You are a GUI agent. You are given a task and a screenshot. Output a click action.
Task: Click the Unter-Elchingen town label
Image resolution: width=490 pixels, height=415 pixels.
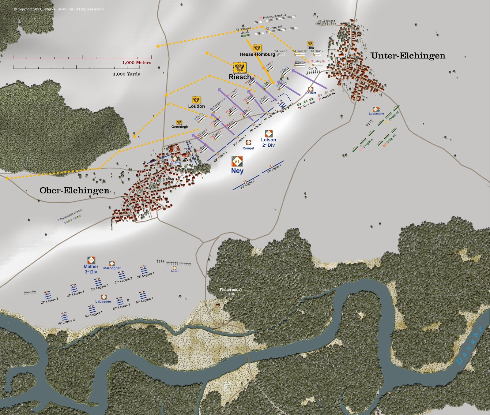click(x=408, y=56)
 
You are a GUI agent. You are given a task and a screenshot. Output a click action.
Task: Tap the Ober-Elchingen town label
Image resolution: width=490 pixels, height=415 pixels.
click(x=74, y=190)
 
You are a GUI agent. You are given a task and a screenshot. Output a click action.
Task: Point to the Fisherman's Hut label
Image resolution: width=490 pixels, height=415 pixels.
click(x=231, y=292)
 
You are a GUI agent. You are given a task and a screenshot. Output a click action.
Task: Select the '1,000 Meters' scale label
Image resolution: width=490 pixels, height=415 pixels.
click(x=137, y=62)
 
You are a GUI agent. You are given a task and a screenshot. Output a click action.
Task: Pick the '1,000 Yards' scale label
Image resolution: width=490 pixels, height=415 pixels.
click(x=126, y=74)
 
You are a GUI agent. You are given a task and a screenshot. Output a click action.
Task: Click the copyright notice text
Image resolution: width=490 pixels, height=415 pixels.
click(x=59, y=9)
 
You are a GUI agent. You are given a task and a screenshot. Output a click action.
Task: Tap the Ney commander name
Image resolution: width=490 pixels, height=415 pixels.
click(x=237, y=171)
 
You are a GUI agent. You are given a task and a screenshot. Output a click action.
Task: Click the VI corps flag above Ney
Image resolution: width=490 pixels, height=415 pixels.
click(x=237, y=161)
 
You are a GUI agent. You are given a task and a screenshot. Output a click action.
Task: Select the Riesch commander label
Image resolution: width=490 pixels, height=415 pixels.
click(x=239, y=77)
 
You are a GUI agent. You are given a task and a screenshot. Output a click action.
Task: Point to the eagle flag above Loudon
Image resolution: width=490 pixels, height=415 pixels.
click(x=196, y=100)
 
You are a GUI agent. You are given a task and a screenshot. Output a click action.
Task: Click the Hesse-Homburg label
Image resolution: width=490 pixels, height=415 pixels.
click(x=257, y=54)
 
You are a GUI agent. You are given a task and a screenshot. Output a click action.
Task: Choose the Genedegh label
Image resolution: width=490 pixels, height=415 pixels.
click(x=180, y=127)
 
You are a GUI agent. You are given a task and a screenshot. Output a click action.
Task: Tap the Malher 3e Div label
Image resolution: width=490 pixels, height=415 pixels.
click(x=91, y=269)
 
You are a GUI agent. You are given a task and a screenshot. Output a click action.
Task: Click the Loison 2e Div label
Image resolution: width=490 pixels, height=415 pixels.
click(x=269, y=142)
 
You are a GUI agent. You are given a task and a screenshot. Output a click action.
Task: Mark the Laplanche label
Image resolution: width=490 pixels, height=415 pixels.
click(x=376, y=114)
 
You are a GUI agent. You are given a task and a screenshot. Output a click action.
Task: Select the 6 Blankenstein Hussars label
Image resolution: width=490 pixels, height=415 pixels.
click(x=70, y=215)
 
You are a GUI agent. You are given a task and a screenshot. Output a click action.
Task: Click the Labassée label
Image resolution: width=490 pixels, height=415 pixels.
click(x=103, y=301)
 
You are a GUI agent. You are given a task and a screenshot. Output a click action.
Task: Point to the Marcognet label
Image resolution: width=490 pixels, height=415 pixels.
click(x=112, y=268)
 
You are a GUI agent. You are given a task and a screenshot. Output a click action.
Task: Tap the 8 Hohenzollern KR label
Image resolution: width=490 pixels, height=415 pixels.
click(x=273, y=17)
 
